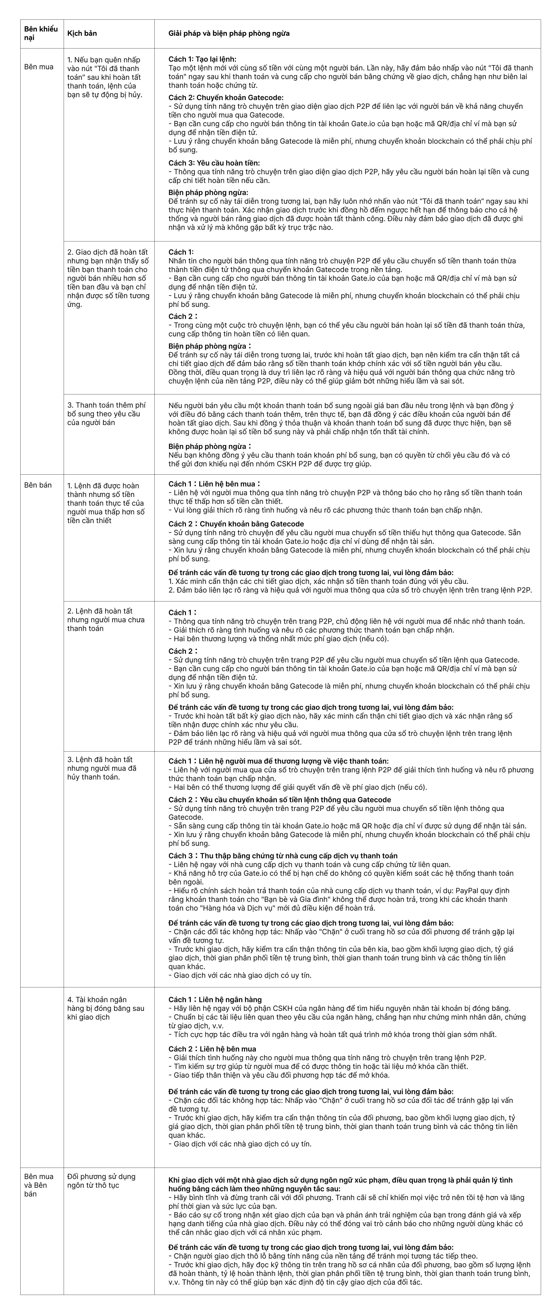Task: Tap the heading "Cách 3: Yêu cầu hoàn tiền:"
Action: [x=214, y=163]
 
